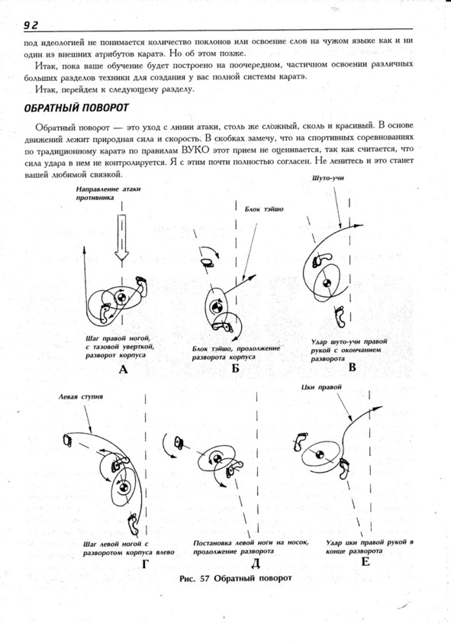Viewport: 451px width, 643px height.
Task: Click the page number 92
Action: click(31, 25)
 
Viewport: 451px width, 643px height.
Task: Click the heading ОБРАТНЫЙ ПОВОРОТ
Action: click(76, 108)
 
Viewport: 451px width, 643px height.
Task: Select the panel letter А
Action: click(123, 370)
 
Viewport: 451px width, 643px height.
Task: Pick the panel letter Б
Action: click(235, 368)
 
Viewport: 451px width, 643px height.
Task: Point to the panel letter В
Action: click(352, 367)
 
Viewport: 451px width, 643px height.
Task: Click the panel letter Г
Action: click(146, 564)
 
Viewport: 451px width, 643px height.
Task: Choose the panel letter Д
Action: click(255, 564)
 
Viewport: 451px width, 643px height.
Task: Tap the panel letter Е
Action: click(365, 561)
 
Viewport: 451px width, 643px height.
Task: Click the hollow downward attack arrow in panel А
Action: click(121, 237)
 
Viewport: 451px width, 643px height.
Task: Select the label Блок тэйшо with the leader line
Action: click(264, 209)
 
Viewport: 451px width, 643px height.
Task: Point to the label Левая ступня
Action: click(81, 397)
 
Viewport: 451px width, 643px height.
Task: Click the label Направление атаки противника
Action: click(108, 193)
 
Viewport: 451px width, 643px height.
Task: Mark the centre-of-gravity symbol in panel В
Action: click(326, 283)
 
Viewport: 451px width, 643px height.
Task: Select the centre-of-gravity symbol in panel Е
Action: click(320, 454)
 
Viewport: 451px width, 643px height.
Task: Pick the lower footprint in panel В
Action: click(340, 316)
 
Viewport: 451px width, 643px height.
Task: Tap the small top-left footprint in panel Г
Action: click(67, 440)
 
